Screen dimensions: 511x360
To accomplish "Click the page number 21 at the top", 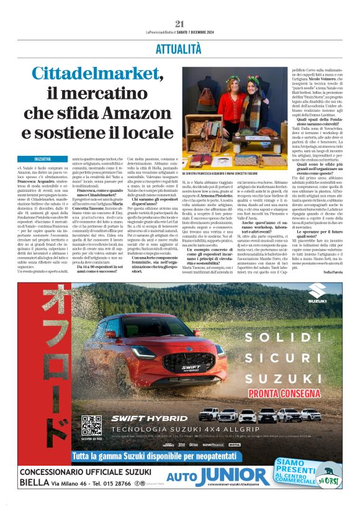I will (x=180, y=24).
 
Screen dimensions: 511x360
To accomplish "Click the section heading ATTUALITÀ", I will (x=180, y=47).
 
